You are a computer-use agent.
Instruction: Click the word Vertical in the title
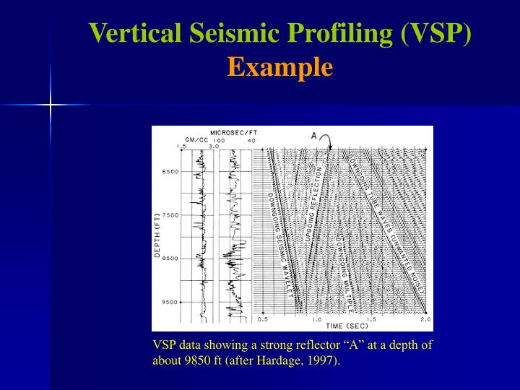132,33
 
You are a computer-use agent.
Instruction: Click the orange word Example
279,67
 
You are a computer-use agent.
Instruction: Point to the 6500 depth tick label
170,172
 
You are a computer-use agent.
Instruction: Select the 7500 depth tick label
170,215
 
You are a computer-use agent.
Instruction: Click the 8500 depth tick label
170,259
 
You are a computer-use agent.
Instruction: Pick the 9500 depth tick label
170,302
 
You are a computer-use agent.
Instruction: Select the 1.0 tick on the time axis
316,318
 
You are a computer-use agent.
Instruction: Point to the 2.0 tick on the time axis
425,318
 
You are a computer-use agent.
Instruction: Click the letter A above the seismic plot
314,135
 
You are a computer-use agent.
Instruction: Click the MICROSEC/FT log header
233,132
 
